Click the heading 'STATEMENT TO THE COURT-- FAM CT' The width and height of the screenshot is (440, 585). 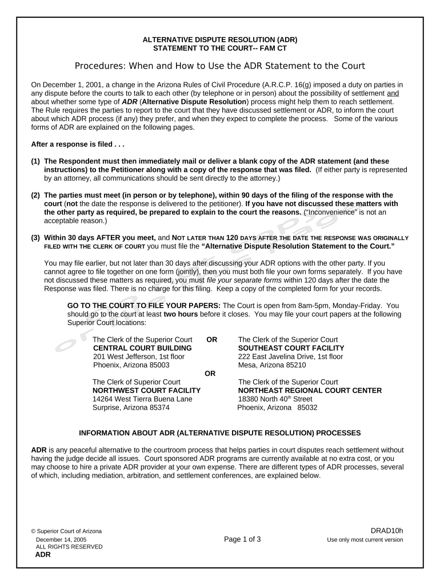coord(220,49)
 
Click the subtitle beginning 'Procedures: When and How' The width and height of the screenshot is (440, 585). coord(220,66)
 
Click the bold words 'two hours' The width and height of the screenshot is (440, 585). coord(181,314)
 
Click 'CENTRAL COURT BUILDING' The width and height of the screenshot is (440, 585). coord(142,348)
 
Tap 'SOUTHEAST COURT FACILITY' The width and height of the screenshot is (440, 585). coord(291,348)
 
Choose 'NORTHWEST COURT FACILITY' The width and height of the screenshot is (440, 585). coord(146,391)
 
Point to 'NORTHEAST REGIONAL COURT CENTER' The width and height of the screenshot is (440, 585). coord(310,391)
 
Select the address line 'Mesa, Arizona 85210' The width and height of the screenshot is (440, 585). coord(272,365)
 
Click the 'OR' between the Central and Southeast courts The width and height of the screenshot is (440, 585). coord(211,339)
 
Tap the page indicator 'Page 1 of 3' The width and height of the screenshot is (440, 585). coord(242,539)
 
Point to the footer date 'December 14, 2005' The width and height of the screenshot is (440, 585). coord(61,539)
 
